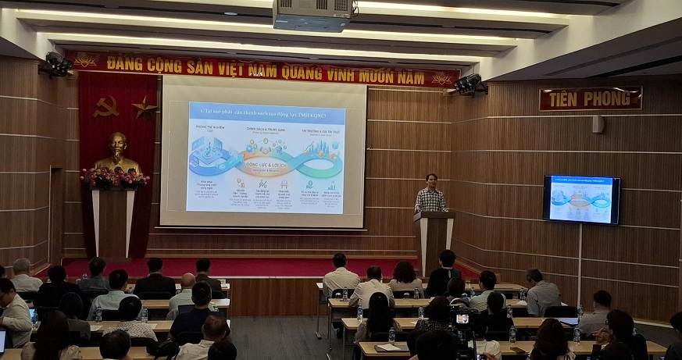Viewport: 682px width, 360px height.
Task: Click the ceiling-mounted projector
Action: click(313, 15)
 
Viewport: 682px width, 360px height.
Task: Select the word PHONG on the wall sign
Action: click(610, 98)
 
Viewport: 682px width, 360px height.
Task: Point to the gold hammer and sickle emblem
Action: click(105, 106)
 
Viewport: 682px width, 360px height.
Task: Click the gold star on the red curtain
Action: click(144, 107)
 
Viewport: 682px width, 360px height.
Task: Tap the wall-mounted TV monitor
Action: click(580, 199)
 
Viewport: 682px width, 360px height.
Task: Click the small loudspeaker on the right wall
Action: click(598, 124)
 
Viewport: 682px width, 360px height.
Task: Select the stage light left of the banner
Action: click(56, 64)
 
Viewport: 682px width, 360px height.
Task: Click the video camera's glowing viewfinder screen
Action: click(462, 319)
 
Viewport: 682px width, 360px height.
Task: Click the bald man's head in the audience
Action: click(187, 281)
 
